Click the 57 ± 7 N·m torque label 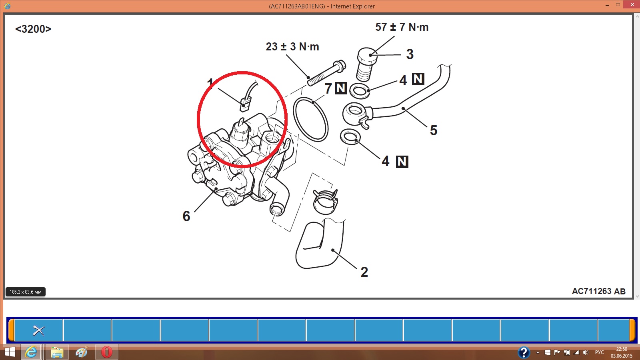click(402, 27)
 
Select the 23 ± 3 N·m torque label click(292, 46)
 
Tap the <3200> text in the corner click(33, 29)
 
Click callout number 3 click(410, 54)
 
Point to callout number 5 click(434, 130)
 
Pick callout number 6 click(186, 216)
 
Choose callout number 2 click(364, 272)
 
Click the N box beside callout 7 click(341, 88)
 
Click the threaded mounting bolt click(326, 73)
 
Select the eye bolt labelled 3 click(366, 64)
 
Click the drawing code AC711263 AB click(598, 291)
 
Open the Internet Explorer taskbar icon click(31, 352)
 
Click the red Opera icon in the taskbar click(106, 352)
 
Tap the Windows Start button click(10, 352)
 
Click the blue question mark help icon click(524, 352)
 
